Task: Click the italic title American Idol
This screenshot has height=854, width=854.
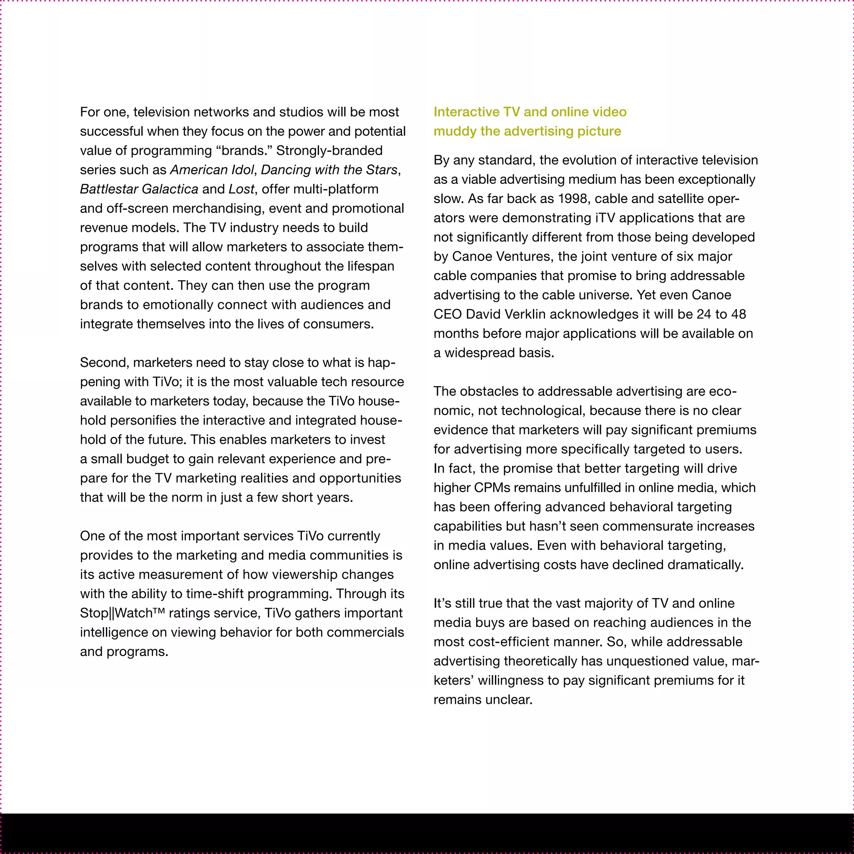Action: point(212,170)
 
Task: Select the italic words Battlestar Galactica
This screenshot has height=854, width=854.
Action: point(139,189)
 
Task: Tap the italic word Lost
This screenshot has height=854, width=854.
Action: point(241,189)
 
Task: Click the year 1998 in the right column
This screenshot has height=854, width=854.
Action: point(573,199)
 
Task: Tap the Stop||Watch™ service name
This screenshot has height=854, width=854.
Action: point(122,613)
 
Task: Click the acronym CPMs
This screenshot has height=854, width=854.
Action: point(492,487)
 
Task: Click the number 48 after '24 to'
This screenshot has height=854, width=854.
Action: point(738,314)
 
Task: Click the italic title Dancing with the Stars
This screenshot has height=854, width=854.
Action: point(329,170)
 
